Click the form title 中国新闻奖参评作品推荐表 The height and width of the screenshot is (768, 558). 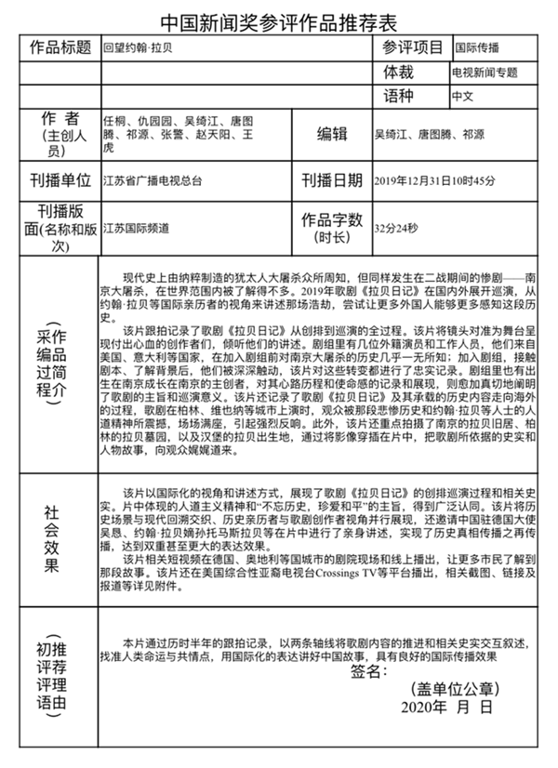279,20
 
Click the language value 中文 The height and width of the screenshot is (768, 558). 463,96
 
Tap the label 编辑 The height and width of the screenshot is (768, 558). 333,134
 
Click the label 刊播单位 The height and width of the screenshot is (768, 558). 59,179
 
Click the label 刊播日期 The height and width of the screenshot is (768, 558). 332,179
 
